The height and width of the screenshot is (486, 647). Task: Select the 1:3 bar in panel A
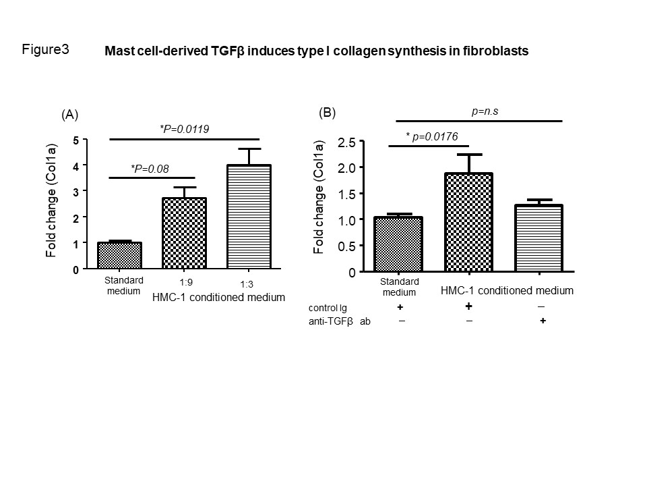click(x=249, y=217)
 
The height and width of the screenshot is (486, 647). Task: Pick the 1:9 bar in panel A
click(x=183, y=234)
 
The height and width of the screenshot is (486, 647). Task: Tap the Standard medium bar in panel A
click(x=119, y=256)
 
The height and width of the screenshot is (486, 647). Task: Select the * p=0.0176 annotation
click(x=432, y=136)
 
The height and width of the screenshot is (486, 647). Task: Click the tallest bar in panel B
click(x=468, y=223)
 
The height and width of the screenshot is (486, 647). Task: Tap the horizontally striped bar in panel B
click(x=539, y=238)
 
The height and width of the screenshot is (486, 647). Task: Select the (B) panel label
click(x=327, y=113)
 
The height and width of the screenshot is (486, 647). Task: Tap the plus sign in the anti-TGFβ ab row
click(x=543, y=321)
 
